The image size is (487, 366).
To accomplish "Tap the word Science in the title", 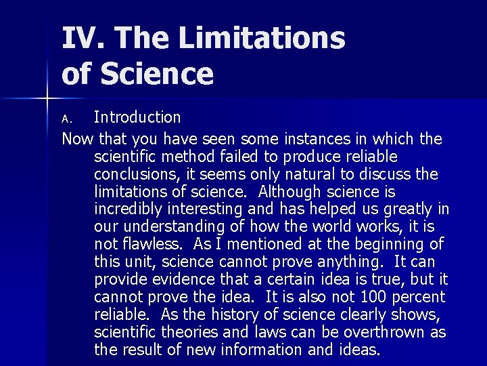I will (x=157, y=73).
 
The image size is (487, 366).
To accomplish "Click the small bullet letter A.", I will (x=66, y=119).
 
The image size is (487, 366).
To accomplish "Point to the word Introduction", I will (x=137, y=117).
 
